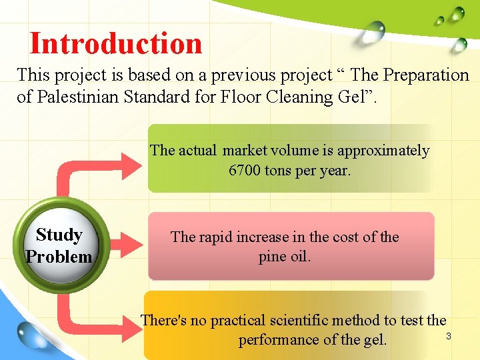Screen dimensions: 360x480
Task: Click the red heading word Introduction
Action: coord(116,44)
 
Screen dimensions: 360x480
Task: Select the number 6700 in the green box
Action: coord(245,171)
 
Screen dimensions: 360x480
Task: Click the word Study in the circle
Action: coord(59,235)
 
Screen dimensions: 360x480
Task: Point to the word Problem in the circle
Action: coord(59,257)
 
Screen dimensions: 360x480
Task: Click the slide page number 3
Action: coord(449,336)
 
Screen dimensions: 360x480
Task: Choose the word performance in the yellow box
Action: coord(279,340)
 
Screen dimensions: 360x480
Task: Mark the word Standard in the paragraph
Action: coord(153,97)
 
